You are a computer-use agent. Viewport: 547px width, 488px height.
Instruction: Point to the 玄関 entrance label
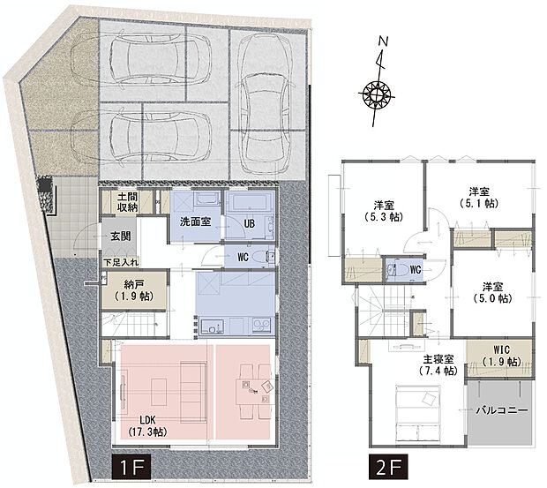(120, 236)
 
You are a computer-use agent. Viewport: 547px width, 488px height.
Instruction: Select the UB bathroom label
(249, 223)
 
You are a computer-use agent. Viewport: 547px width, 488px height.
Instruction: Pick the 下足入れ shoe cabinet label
(121, 263)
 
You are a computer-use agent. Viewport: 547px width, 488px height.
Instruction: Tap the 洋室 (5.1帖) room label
(479, 197)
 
